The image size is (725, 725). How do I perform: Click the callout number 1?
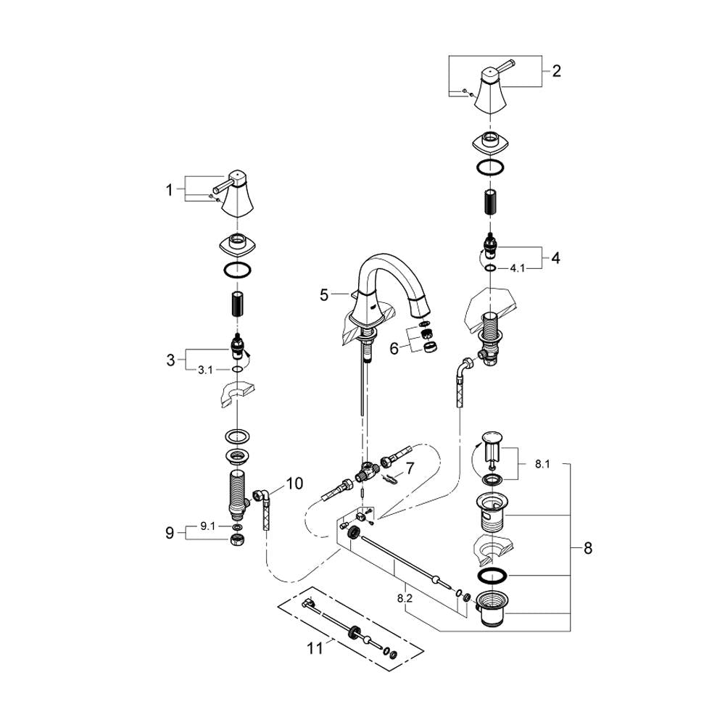170,190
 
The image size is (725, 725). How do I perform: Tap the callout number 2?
556,71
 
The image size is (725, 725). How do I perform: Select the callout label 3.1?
206,369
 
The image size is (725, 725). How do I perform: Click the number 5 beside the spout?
324,294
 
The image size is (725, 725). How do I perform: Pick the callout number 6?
394,348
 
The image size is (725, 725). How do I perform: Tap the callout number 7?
410,469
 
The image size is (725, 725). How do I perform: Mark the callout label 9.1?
207,527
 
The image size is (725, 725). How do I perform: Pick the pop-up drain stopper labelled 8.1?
492,446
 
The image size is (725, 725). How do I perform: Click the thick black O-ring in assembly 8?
493,575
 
